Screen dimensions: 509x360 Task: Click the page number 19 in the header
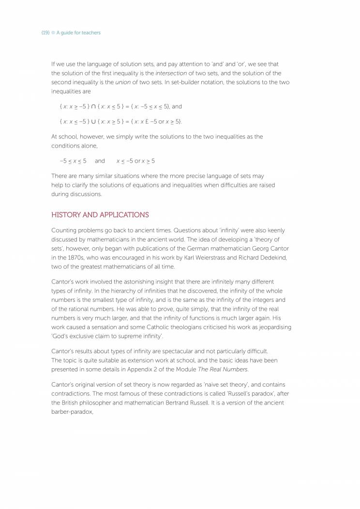tap(45, 33)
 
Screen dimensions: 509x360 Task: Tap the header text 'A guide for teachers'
tap(78, 33)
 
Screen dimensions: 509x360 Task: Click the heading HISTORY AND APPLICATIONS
tap(100, 215)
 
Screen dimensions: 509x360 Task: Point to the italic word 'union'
tap(123, 82)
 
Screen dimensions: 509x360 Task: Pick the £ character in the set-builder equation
tap(144, 121)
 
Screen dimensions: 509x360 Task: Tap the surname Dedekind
tap(272, 257)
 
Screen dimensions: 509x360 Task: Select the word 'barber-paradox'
tap(72, 412)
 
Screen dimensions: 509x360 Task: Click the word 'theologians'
tap(190, 328)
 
